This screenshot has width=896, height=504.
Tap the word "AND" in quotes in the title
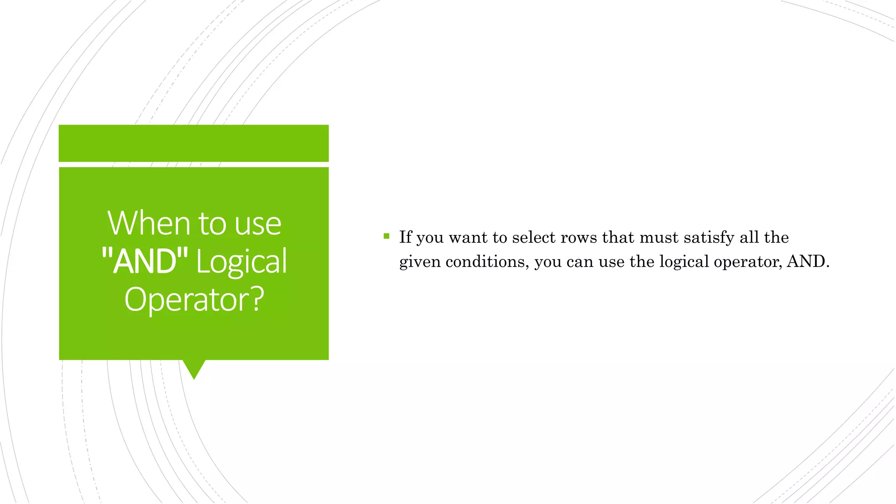(x=144, y=261)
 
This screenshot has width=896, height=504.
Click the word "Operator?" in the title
(x=194, y=300)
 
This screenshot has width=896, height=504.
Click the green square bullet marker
(x=386, y=237)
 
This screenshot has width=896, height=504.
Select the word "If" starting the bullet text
(x=405, y=237)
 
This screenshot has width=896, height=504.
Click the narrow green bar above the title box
(x=193, y=143)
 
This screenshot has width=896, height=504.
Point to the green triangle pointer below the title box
(x=194, y=368)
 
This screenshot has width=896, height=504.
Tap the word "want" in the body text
(x=468, y=237)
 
